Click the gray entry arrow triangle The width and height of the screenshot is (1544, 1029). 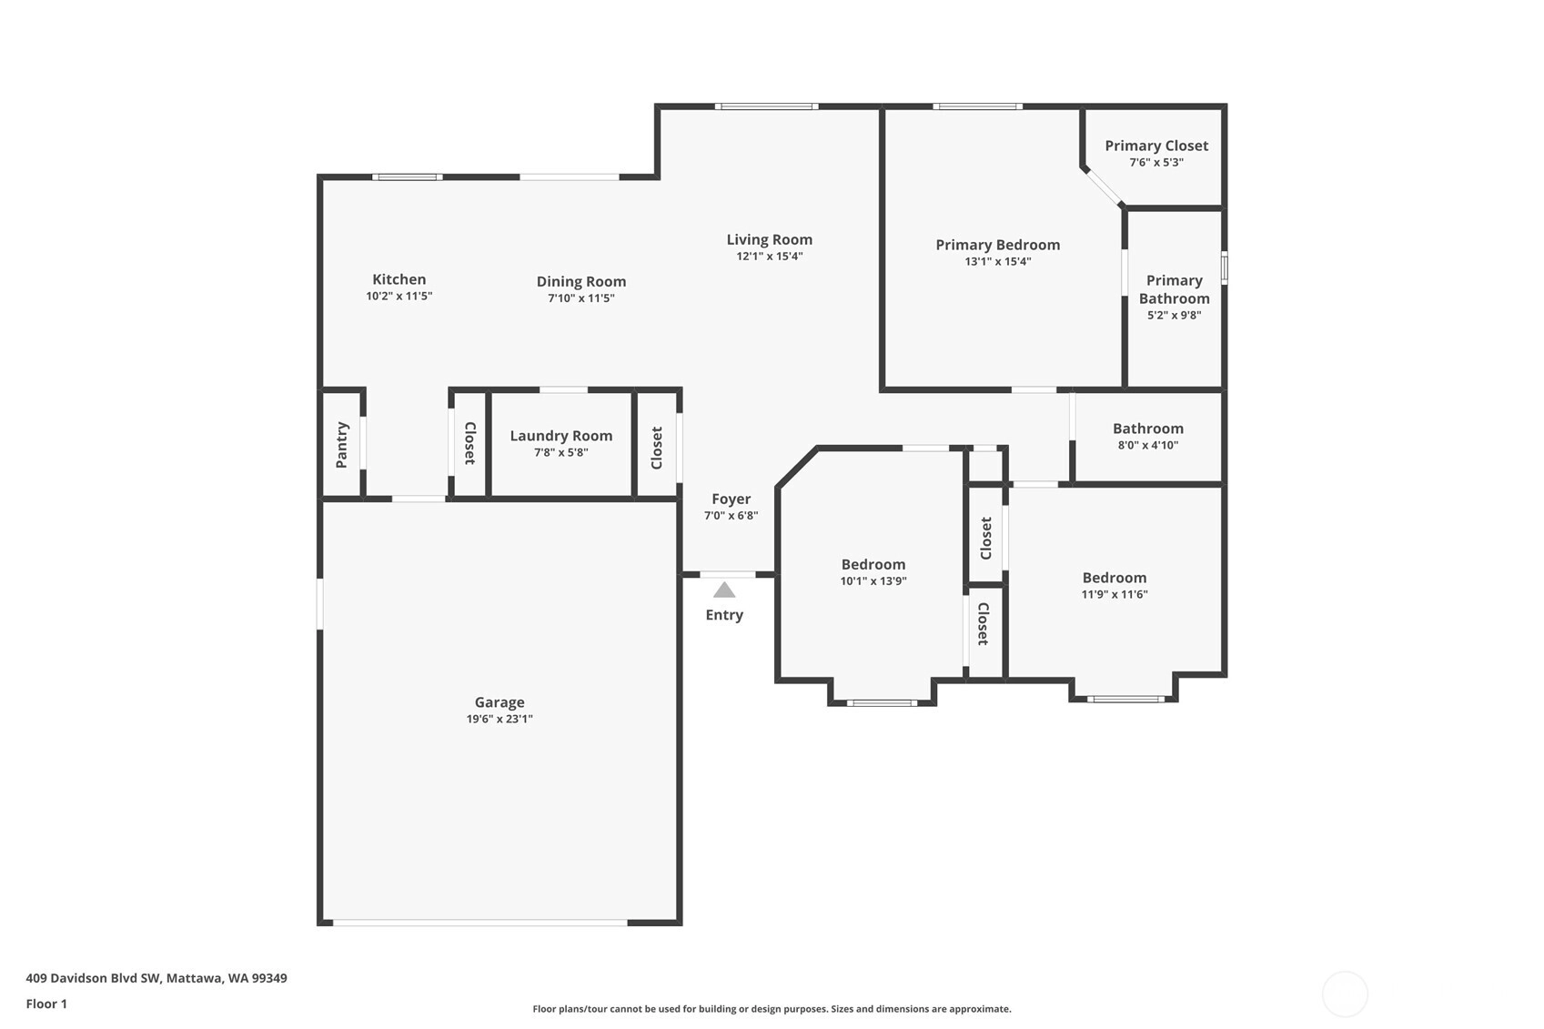723,590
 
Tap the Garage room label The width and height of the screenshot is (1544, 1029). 499,702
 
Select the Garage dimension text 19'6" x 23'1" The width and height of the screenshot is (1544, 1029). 499,719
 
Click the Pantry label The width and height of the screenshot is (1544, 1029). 342,445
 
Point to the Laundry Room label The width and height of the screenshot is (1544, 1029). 561,436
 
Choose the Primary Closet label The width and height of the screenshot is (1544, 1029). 1155,146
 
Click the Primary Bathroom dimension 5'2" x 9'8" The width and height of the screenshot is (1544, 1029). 1174,315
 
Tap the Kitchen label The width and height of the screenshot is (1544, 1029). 399,279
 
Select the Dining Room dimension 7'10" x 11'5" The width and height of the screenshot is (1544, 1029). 581,298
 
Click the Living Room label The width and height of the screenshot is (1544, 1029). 769,239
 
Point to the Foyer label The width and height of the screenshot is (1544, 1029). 731,499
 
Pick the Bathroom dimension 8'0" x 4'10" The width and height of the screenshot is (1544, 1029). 1147,445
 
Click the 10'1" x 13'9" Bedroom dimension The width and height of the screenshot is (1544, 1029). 873,581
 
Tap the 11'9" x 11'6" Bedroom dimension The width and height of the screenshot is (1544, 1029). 1114,594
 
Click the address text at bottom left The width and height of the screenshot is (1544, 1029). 156,978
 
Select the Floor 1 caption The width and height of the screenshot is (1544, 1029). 46,1004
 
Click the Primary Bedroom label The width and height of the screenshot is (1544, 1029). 997,245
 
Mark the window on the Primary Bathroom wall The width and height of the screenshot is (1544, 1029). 1224,267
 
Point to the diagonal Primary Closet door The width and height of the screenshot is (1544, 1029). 1102,187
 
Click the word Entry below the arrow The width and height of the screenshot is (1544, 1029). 723,615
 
